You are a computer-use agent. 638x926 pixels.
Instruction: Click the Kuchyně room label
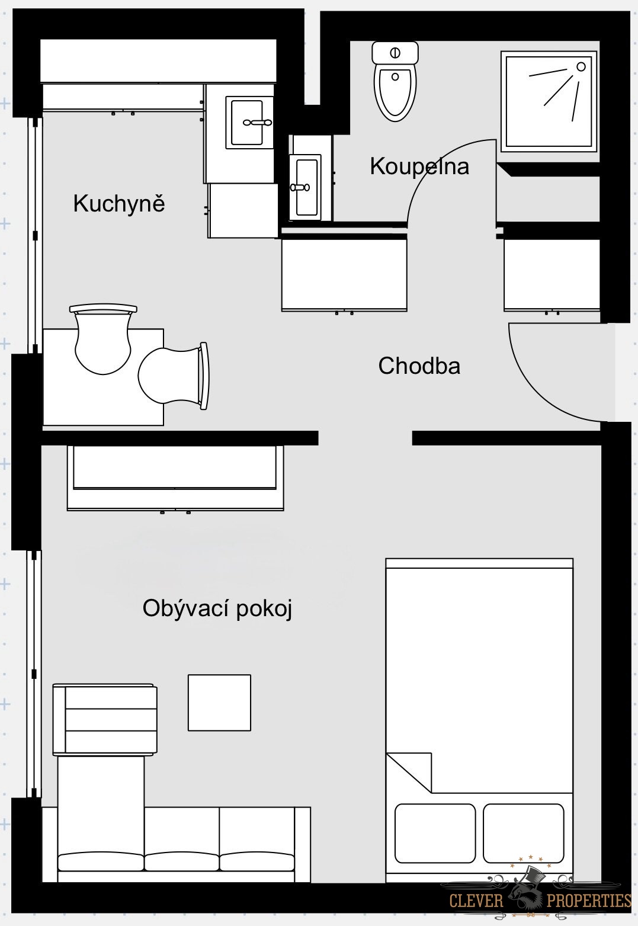click(x=119, y=203)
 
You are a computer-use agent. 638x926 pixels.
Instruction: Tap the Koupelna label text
click(x=419, y=166)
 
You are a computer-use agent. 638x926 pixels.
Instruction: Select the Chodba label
click(x=419, y=366)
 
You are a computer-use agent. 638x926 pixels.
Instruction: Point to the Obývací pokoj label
click(x=217, y=609)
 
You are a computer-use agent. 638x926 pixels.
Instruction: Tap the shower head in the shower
click(x=581, y=66)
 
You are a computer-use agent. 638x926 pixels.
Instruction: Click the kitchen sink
click(x=249, y=123)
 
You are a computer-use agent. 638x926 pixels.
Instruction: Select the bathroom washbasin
click(x=305, y=187)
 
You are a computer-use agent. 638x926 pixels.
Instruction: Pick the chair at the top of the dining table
click(x=103, y=339)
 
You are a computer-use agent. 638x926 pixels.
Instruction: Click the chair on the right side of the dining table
click(x=173, y=376)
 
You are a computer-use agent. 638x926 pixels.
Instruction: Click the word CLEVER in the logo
click(x=476, y=901)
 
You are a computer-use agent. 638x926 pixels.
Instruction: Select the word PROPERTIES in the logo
click(x=589, y=901)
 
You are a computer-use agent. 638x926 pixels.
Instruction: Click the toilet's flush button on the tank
click(x=395, y=53)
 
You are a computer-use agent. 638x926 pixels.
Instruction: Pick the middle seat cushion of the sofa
click(x=181, y=861)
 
